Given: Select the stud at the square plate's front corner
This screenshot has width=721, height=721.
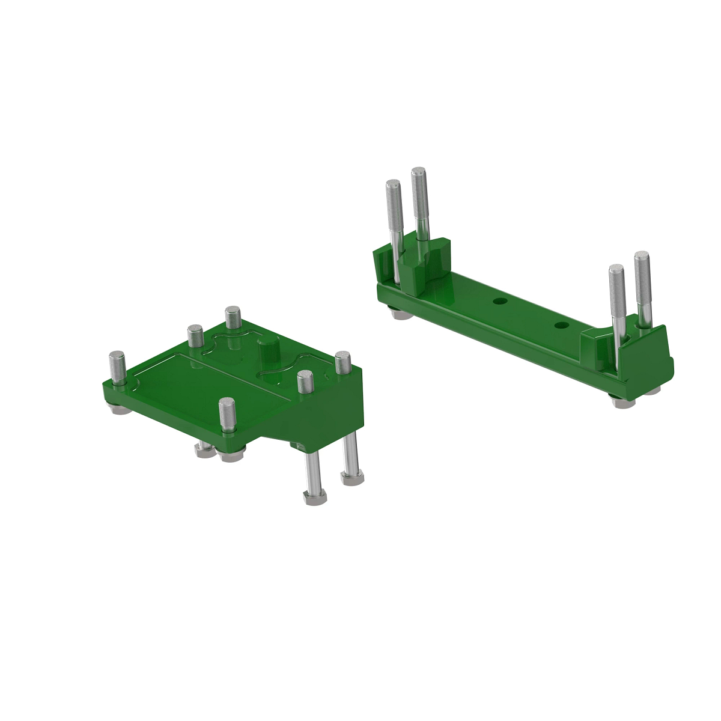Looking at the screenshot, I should coord(227,413).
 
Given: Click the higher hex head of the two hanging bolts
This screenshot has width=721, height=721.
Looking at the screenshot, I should coord(351,478).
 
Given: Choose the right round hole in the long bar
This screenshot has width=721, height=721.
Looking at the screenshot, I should coord(562,324).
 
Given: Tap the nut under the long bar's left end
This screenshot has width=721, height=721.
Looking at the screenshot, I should coord(395,313).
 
